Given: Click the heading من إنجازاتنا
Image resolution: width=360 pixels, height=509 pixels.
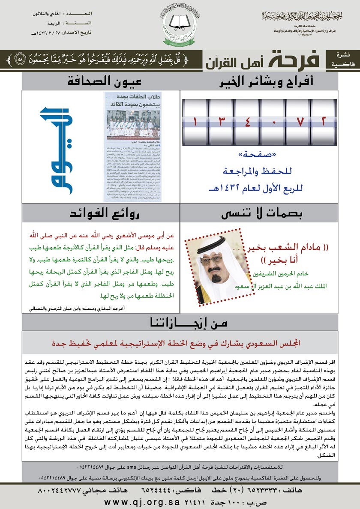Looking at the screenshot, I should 180,322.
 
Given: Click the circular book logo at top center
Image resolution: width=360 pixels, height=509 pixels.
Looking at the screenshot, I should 180,25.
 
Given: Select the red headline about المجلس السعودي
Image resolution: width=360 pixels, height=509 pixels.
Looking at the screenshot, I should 180,344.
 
